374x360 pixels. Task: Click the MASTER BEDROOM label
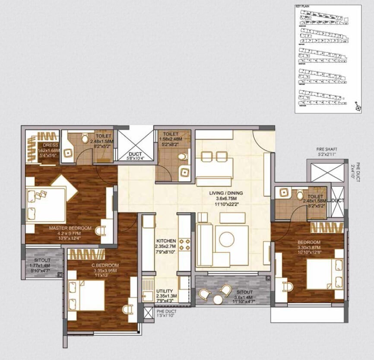pos(70,228)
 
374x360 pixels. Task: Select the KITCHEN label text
pos(166,241)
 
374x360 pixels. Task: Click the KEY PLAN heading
pos(301,6)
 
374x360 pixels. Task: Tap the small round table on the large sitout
pos(217,299)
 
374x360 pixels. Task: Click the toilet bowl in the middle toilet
pos(184,156)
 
